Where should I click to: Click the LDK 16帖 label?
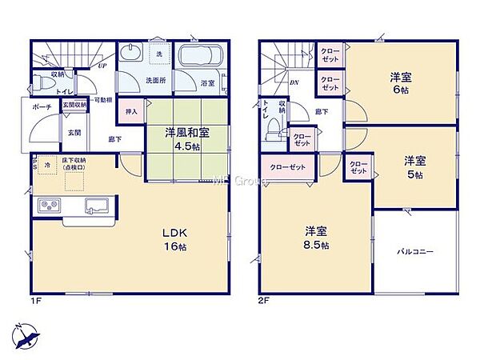177,238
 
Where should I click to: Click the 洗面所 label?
154,81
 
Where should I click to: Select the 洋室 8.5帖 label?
315,238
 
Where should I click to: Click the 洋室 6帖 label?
401,83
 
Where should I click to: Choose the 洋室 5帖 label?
412,165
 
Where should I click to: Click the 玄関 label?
73,133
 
